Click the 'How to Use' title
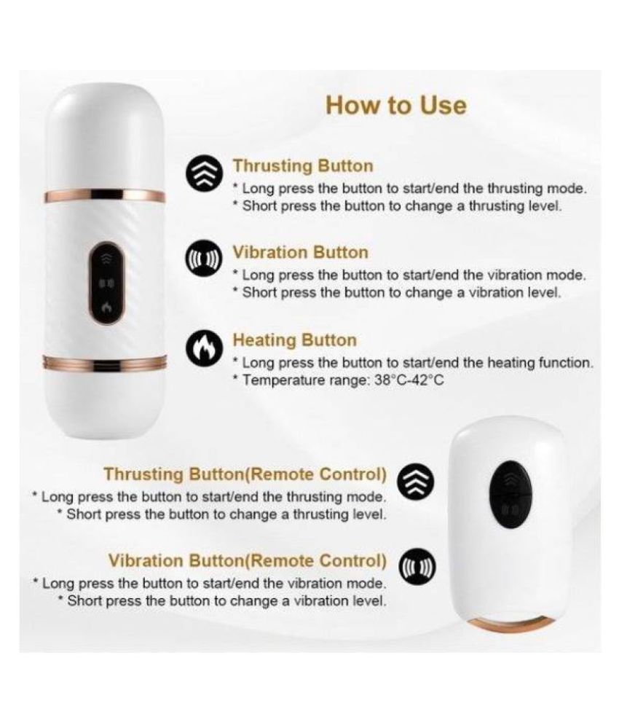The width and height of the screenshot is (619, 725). (x=396, y=106)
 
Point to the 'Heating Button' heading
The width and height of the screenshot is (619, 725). (x=294, y=340)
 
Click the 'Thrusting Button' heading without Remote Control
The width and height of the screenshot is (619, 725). (x=303, y=166)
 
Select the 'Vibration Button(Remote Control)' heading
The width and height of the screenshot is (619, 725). (x=248, y=561)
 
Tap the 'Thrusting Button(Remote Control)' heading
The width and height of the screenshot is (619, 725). (x=245, y=474)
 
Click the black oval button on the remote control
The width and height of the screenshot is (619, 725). (x=510, y=498)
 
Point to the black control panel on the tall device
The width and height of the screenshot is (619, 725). (x=107, y=283)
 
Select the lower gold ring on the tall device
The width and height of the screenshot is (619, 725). (x=105, y=363)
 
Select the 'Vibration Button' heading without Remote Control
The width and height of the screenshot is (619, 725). (x=301, y=252)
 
